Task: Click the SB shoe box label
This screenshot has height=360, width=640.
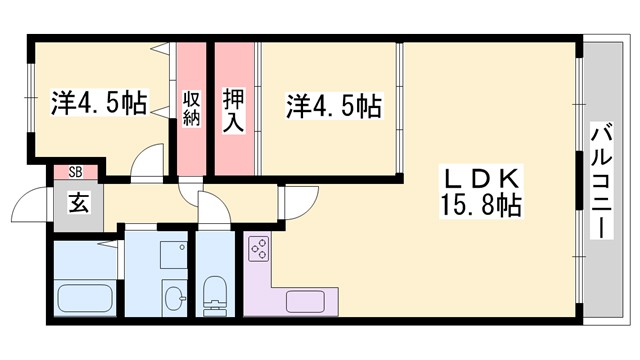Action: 75,172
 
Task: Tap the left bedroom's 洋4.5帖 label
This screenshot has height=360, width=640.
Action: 98,102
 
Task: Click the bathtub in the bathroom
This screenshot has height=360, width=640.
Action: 86,298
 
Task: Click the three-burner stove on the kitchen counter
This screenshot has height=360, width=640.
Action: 259,248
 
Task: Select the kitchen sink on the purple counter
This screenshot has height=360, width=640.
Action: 302,299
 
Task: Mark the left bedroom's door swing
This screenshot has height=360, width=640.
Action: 148,162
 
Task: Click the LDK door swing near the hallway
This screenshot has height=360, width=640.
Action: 296,203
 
